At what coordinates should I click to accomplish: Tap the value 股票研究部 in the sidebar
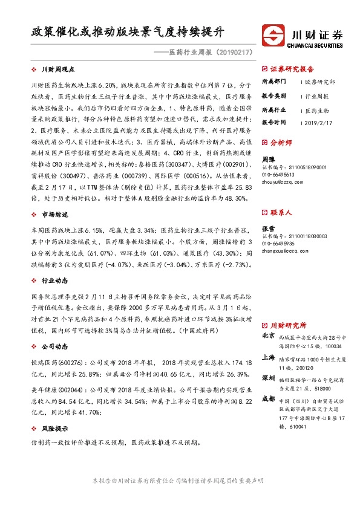(x=320, y=81)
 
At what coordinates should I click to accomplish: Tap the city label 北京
(x=268, y=335)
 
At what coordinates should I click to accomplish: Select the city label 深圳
(x=268, y=378)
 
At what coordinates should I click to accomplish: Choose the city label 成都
(x=268, y=399)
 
